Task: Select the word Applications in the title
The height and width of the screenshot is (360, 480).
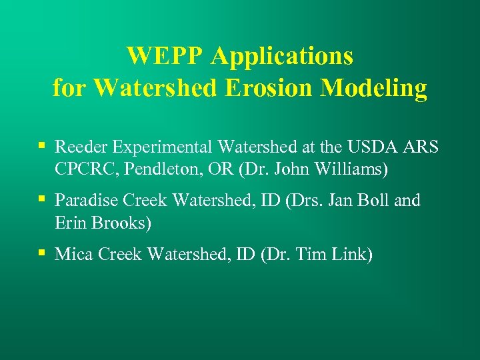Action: [x=282, y=56]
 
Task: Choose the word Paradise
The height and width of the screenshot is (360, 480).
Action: [x=85, y=201]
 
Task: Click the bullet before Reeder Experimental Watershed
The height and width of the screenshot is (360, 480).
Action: [x=42, y=145]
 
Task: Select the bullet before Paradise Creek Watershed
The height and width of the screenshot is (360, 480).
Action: [x=42, y=198]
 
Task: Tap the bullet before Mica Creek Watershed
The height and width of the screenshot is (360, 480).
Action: [x=42, y=252]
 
